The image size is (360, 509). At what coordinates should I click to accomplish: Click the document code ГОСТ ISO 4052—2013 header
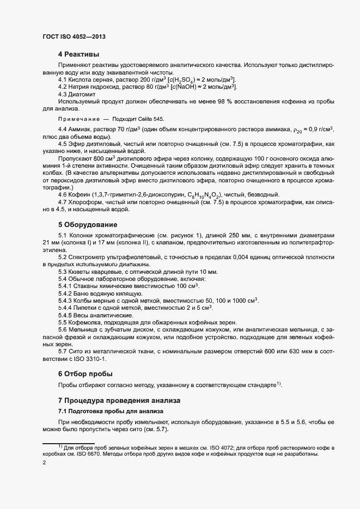pos(74,36)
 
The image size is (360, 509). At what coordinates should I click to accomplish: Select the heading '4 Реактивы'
pos(78,54)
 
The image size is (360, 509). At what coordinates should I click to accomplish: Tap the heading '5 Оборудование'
pos(87,224)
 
